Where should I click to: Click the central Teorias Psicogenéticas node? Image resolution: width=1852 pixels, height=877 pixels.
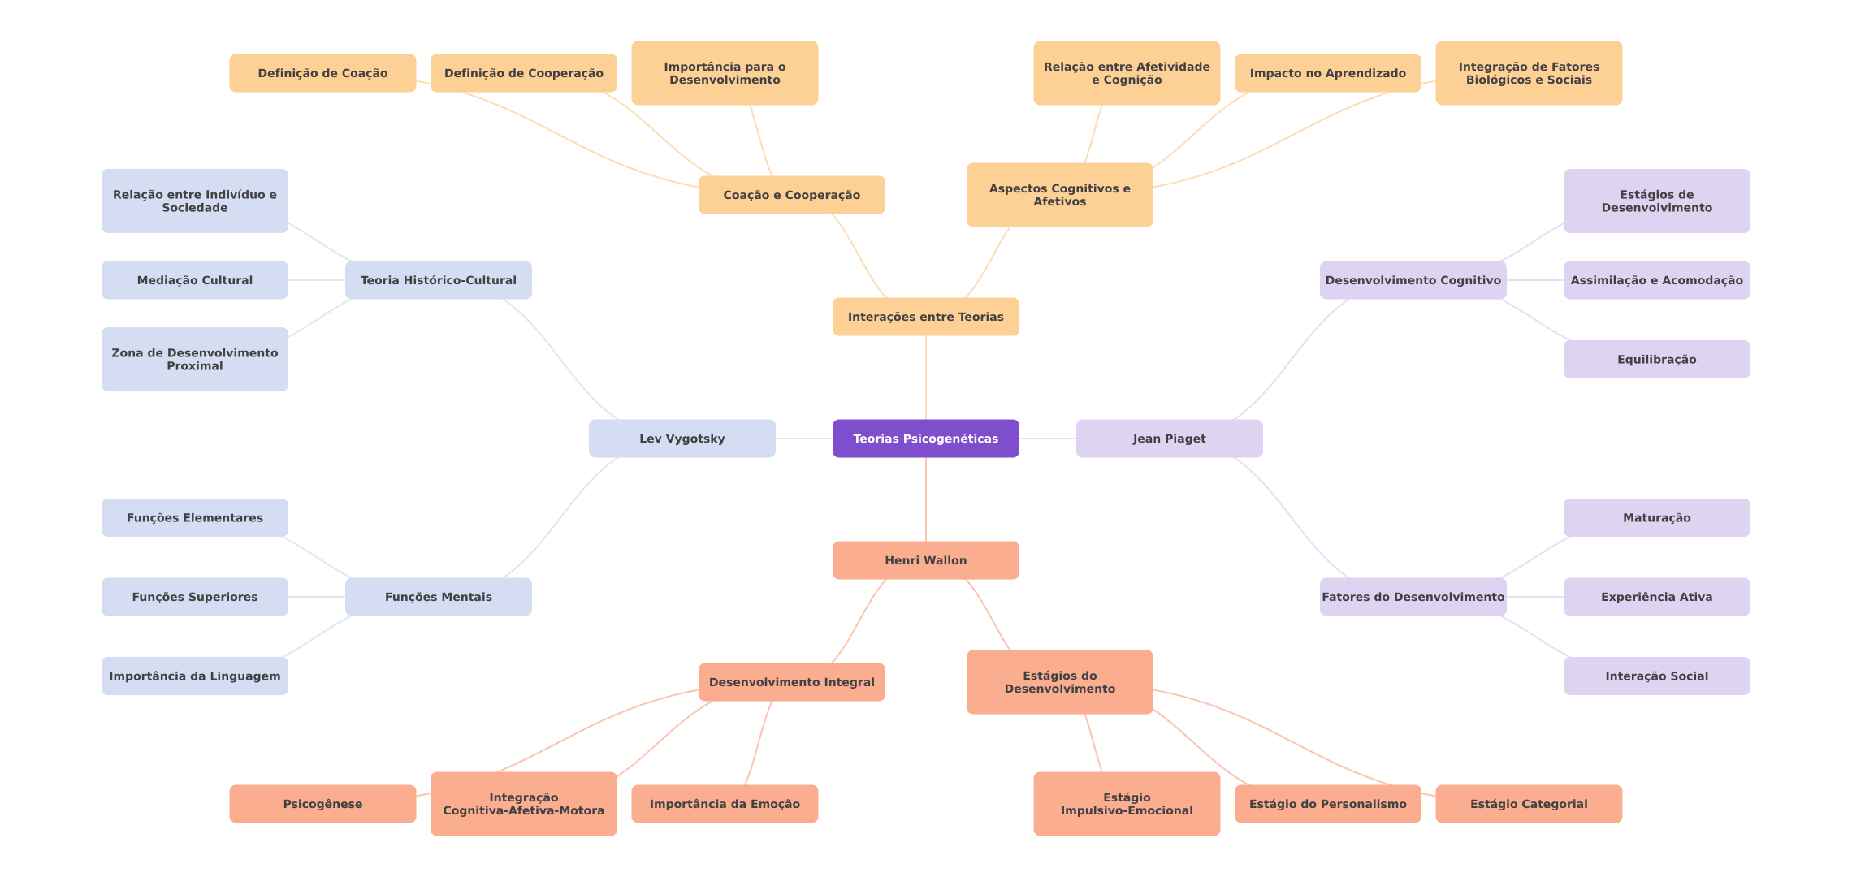[x=925, y=438]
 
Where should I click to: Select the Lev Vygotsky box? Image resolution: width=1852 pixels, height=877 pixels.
[x=682, y=438]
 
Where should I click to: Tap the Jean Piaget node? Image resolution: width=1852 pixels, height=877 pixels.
[x=1169, y=438]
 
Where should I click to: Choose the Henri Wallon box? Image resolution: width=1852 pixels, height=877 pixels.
[x=925, y=560]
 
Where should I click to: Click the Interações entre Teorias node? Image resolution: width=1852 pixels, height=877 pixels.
[x=925, y=317]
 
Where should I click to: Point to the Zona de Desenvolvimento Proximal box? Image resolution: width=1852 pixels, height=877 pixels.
[x=194, y=359]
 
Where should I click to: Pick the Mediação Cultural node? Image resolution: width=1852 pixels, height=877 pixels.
[x=194, y=280]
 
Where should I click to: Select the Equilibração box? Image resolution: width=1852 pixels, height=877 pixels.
[x=1656, y=359]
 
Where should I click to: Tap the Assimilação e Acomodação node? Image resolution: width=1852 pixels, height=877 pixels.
[x=1656, y=280]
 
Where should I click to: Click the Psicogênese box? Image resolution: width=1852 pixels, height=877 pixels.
[x=322, y=804]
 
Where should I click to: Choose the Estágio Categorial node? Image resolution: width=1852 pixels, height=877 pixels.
[x=1528, y=804]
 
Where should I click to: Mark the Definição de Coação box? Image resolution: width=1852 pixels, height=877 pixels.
[x=322, y=73]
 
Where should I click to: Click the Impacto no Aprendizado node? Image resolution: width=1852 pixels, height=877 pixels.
[x=1327, y=73]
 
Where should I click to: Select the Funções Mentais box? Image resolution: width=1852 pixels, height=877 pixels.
[x=438, y=597]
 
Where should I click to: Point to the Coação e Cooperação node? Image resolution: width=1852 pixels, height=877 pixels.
[x=791, y=195]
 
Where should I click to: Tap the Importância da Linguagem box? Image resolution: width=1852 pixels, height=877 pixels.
[x=194, y=676]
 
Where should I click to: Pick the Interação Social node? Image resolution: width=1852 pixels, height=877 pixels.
[x=1656, y=676]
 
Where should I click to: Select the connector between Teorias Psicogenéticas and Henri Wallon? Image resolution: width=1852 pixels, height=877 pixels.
[x=926, y=499]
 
